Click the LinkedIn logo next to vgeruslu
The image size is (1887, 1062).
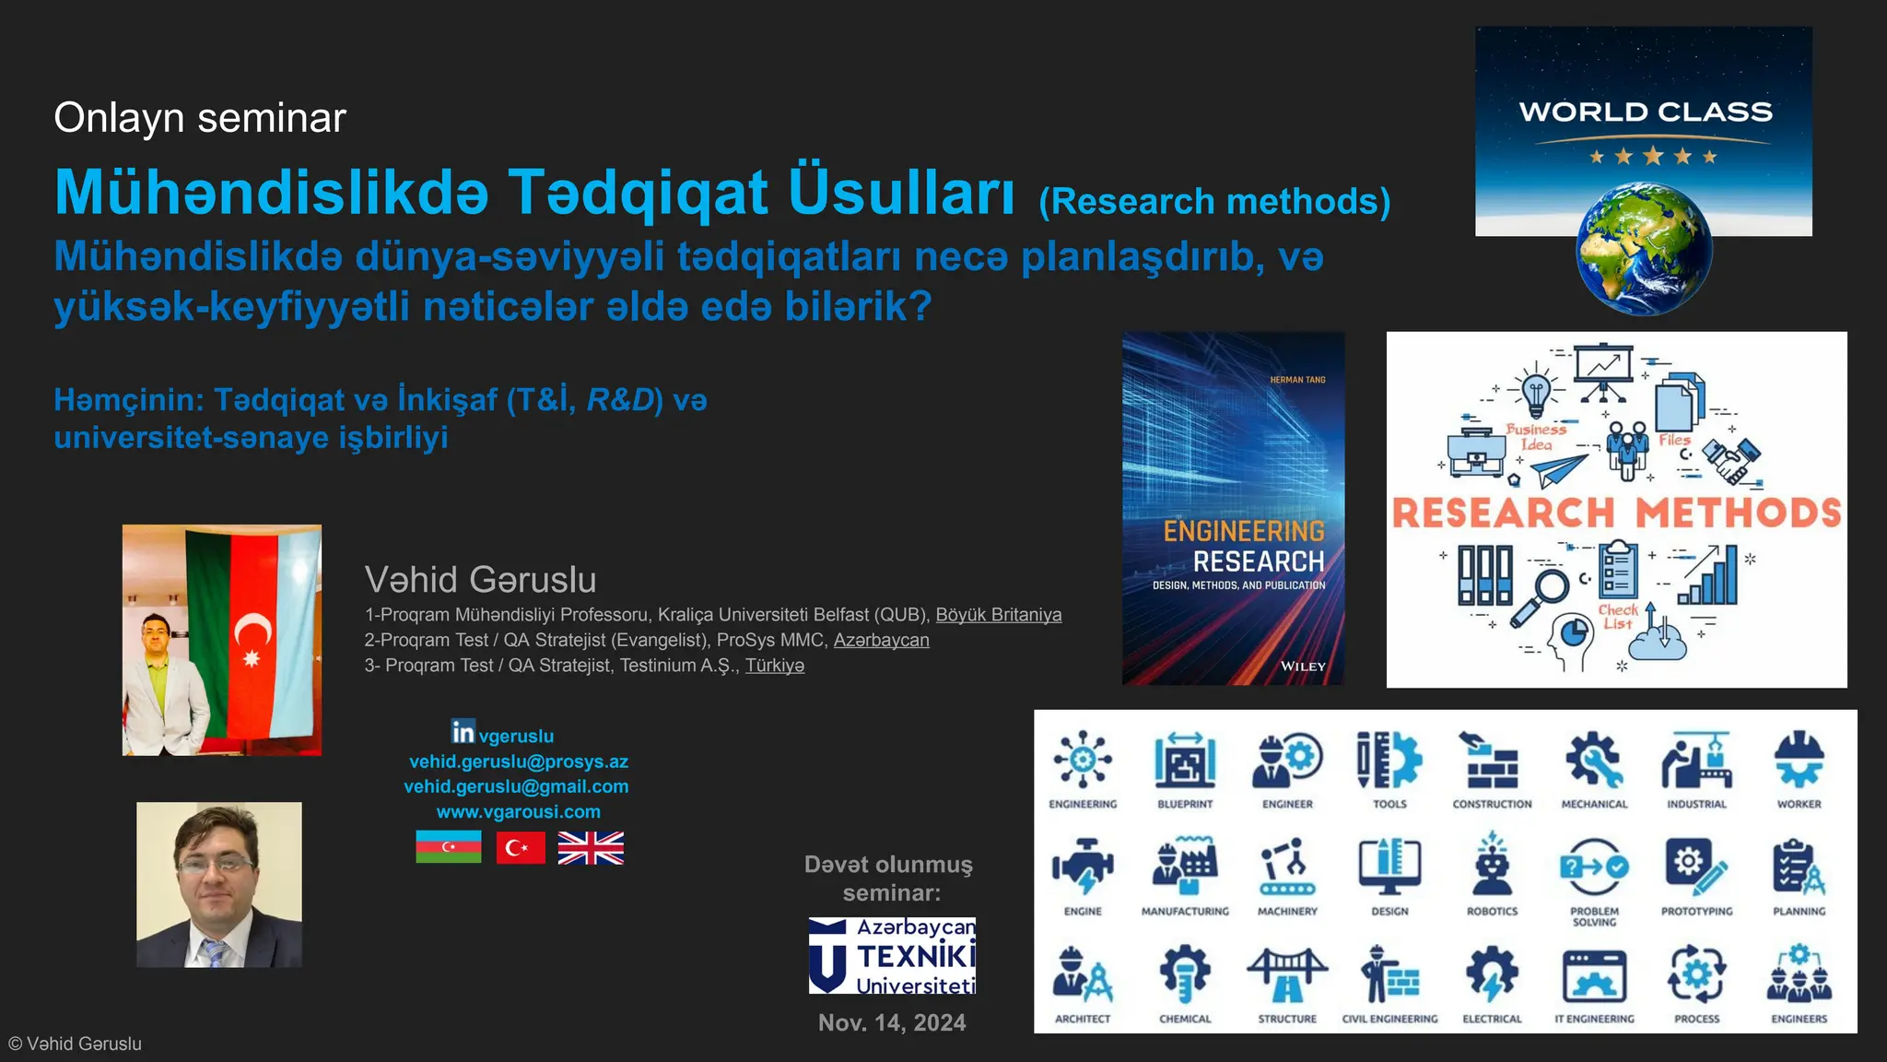tap(463, 732)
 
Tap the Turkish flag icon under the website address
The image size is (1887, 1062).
tap(520, 847)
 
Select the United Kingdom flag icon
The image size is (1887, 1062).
tap(591, 847)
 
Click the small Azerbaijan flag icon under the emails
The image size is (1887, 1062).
tap(449, 847)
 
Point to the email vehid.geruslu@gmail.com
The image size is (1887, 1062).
tap(516, 786)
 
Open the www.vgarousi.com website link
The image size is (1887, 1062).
tap(518, 812)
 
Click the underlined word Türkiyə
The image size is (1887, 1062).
tap(774, 666)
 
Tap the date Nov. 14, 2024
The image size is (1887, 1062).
tap(892, 1022)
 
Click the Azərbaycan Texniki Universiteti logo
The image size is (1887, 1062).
tap(892, 955)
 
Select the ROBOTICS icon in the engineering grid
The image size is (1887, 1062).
tap(1492, 865)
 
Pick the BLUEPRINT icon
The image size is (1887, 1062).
tap(1185, 761)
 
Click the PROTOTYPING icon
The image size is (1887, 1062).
tap(1696, 865)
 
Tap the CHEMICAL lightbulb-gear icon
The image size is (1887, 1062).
tap(1185, 973)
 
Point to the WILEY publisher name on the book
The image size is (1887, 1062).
tap(1303, 666)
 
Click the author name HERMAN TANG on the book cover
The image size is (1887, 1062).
tap(1297, 380)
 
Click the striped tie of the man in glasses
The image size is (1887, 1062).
tap(216, 952)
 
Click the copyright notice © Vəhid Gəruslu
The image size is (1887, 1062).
tap(76, 1044)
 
